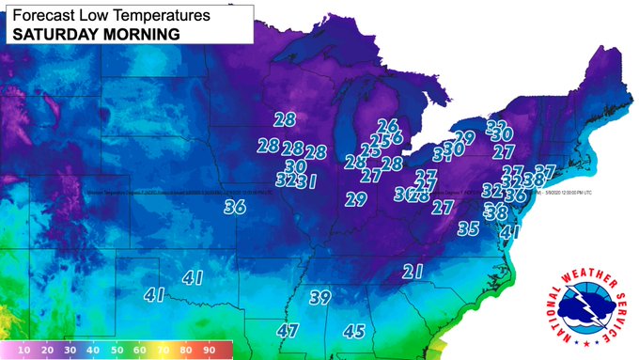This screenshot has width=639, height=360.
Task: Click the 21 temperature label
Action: point(413,273)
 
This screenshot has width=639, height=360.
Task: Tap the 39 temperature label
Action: point(320,298)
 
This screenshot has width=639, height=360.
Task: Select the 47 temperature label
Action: point(288,331)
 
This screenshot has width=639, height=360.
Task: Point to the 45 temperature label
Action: point(354,331)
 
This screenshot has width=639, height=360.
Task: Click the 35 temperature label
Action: point(469,228)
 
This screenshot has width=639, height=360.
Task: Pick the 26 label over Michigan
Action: point(387,126)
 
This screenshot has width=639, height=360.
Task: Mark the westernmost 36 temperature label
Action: point(235,208)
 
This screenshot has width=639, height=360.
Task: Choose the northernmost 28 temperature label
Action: point(285,119)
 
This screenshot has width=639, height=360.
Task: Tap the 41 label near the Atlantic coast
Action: point(509,231)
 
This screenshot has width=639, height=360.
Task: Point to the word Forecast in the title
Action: point(39,13)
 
